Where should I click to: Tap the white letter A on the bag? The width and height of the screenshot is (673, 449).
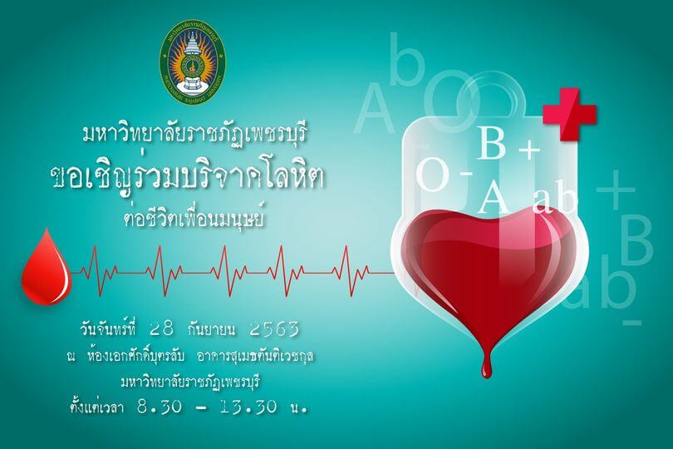494,196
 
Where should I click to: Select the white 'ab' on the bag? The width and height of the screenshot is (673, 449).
554,200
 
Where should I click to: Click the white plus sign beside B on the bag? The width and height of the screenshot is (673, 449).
528,150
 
